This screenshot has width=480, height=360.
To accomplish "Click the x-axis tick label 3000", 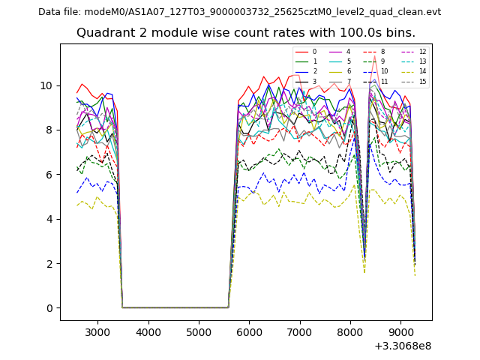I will [97, 331].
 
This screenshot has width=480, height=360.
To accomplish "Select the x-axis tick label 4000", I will [148, 331].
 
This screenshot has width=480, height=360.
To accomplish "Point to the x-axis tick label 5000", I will [199, 331].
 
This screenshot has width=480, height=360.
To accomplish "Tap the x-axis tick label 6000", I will [249, 331].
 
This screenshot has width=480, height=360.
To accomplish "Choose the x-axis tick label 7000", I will [299, 331].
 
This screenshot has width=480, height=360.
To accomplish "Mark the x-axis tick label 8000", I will [350, 331].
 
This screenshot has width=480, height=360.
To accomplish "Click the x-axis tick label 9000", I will [400, 331].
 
